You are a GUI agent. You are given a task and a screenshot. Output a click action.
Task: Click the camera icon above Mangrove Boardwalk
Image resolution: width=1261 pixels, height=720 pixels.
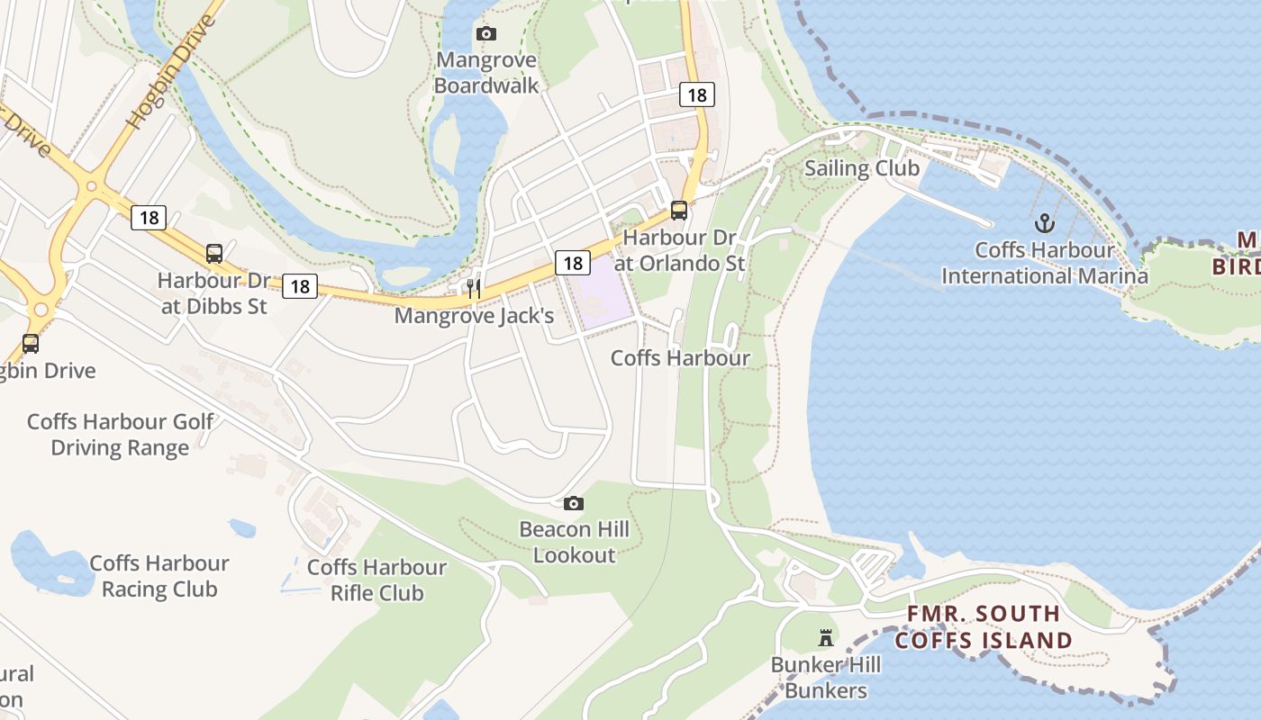pos(486,34)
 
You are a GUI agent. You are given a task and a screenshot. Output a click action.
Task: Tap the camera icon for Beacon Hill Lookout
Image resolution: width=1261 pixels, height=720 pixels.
pos(574,503)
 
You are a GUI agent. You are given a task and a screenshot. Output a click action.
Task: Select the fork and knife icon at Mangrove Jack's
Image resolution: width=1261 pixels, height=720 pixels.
pos(474,289)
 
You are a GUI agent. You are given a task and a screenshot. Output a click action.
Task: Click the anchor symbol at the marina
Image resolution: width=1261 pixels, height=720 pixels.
pos(1044,221)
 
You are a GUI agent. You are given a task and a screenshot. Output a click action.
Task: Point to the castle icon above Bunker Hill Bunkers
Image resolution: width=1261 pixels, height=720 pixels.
pos(825,638)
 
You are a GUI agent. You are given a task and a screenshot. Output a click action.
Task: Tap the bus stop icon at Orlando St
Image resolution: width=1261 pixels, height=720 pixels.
pos(679,211)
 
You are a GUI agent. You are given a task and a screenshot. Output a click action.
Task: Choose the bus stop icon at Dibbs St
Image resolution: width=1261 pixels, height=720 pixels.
pos(214,254)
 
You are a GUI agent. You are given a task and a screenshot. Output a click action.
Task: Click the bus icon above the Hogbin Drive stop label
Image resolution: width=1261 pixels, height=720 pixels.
pos(31,343)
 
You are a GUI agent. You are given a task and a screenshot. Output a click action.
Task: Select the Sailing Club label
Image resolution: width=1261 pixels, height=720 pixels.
pos(862,168)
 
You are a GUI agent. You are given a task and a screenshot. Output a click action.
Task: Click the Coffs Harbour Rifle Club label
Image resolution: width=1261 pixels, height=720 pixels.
pos(376,580)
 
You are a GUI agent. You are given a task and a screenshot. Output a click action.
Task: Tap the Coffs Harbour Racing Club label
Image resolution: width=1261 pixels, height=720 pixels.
pos(159,576)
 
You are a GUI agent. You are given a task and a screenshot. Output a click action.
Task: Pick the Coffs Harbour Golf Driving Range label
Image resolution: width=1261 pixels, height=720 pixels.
pos(121,435)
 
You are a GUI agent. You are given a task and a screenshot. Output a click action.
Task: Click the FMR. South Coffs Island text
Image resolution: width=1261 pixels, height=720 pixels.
pos(984,627)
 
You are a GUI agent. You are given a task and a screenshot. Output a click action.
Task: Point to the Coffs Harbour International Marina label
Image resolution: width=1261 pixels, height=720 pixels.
pos(1045,263)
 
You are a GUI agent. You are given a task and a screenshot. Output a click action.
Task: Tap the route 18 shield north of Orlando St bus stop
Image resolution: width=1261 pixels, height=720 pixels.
pos(696,94)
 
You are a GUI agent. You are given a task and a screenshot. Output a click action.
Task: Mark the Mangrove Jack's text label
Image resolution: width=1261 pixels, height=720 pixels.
pos(474,316)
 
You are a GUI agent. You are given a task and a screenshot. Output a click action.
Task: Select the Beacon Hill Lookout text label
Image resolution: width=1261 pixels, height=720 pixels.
pos(574,542)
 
